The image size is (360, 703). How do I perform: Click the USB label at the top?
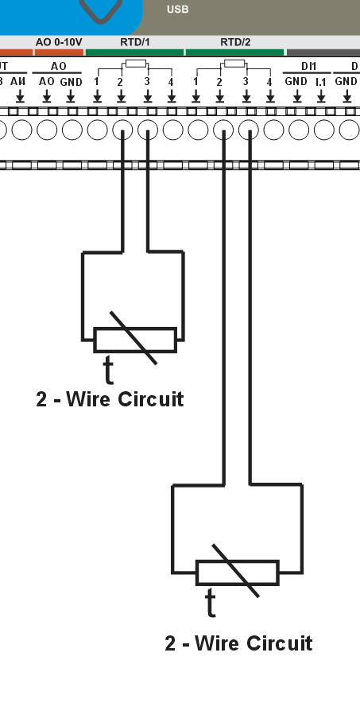point(177,10)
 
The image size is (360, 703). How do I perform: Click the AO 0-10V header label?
point(59,41)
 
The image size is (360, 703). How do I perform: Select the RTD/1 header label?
point(134,41)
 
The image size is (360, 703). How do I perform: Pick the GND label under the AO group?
point(71,81)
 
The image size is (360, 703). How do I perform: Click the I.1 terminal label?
point(321,81)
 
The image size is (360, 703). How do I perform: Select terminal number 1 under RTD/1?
point(97,81)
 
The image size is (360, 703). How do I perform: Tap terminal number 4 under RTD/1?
point(171,81)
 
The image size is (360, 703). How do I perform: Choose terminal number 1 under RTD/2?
point(195,81)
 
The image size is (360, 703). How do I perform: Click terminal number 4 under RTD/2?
point(269,81)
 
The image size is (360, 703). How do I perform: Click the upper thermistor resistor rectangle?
point(135,340)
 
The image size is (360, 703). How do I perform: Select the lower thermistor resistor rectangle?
point(237,572)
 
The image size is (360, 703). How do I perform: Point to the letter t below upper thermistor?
point(109,369)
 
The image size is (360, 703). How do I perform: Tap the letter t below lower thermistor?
point(211,603)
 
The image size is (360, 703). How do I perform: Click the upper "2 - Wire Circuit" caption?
point(110,398)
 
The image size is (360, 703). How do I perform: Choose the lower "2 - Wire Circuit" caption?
point(238,643)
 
